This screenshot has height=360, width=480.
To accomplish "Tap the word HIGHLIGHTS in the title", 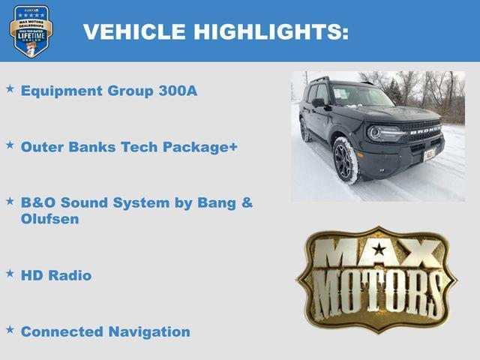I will (270, 32).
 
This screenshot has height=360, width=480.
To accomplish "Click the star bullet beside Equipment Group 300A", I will (10, 89).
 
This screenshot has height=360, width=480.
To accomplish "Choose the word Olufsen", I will (49, 220).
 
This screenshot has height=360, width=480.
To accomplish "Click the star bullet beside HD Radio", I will (10, 274).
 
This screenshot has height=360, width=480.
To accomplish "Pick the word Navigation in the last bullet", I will (149, 331).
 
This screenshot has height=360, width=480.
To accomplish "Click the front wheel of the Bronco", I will (346, 159).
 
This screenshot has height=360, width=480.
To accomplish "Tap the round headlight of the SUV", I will (374, 133).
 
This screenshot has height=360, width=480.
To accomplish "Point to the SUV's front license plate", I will (430, 154).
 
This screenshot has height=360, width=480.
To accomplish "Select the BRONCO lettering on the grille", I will (424, 130).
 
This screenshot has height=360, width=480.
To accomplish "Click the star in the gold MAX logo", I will (379, 250).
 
